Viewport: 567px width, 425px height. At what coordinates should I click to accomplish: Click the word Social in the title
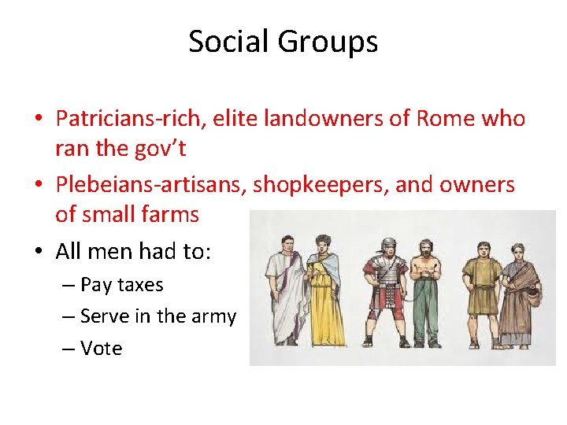click(225, 42)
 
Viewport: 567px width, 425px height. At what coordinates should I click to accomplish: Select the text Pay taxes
click(121, 285)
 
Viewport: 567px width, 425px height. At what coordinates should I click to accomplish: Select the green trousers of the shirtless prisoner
click(426, 315)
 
